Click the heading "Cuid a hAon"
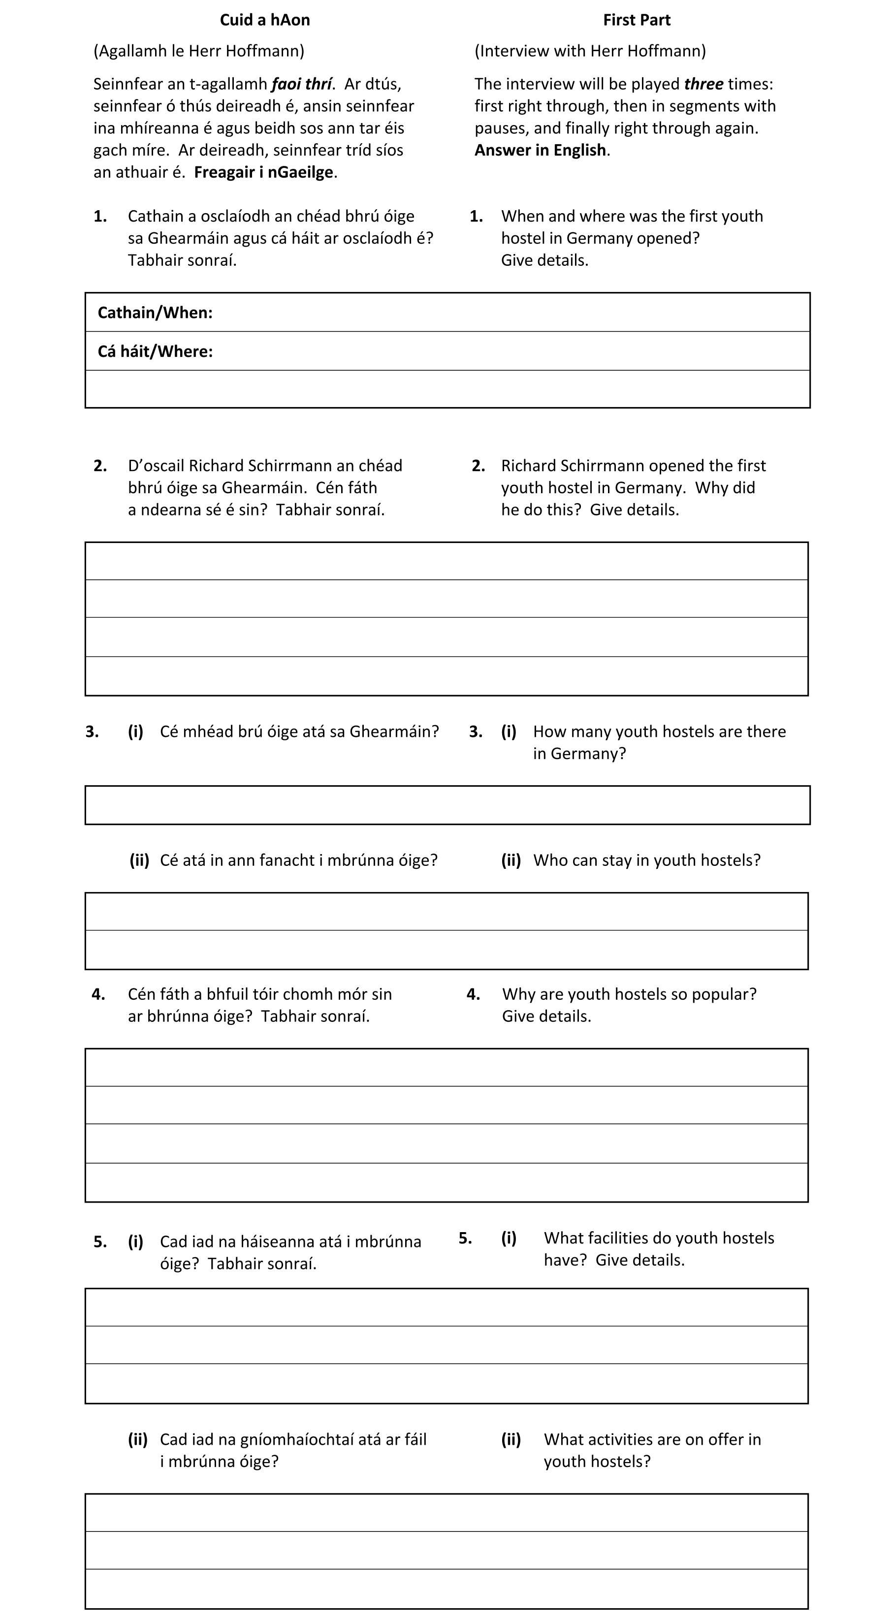click(264, 20)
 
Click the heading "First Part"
click(637, 20)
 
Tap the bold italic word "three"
click(703, 84)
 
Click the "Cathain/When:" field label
click(155, 313)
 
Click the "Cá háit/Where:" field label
click(155, 351)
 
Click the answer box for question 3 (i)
click(447, 805)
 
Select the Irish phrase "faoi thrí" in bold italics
click(301, 84)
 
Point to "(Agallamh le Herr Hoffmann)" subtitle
click(199, 51)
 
